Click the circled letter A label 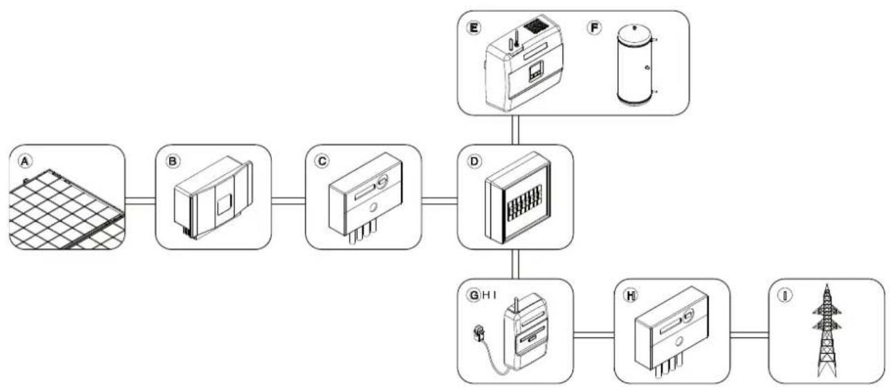[x=25, y=162]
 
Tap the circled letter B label [x=172, y=162]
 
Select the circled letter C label [x=322, y=162]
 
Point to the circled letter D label [x=474, y=162]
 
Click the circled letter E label [x=474, y=28]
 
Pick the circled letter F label [x=595, y=28]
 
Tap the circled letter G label [x=474, y=295]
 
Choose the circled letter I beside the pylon [x=785, y=295]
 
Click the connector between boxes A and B [x=140, y=201]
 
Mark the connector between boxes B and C [x=288, y=201]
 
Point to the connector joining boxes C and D [x=439, y=201]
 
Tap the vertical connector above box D [x=515, y=130]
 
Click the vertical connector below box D [x=515, y=264]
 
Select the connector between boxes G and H [x=593, y=335]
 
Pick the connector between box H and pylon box [x=750, y=335]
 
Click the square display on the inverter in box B [x=223, y=205]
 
